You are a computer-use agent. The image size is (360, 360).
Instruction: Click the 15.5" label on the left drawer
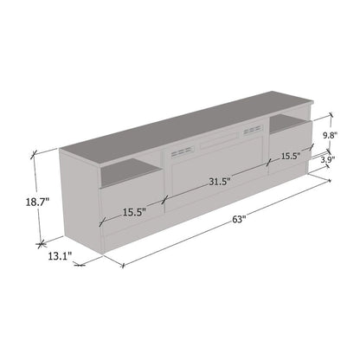133,211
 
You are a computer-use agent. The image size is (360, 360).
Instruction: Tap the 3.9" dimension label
328,160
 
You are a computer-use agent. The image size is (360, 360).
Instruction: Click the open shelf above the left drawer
128,177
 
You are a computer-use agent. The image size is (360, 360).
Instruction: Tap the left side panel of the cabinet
78,199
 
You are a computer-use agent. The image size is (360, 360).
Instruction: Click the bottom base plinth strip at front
130,245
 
